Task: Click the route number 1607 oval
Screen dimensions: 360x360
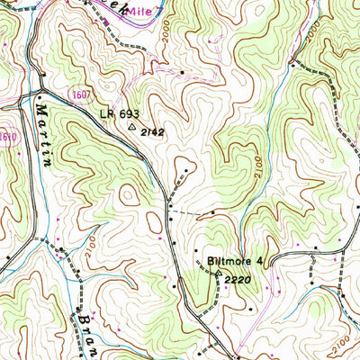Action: tap(80, 94)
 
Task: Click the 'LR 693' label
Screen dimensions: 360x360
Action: tap(120, 114)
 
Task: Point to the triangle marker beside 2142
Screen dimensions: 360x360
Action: tap(133, 128)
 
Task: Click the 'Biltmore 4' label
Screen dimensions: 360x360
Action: tap(234, 261)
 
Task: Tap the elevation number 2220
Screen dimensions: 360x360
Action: tap(238, 280)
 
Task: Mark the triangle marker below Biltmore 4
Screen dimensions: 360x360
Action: tap(217, 270)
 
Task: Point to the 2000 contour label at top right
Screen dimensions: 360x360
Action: tap(310, 35)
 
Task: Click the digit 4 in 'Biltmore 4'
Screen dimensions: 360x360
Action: tap(257, 261)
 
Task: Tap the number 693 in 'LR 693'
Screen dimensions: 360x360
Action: tap(129, 114)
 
